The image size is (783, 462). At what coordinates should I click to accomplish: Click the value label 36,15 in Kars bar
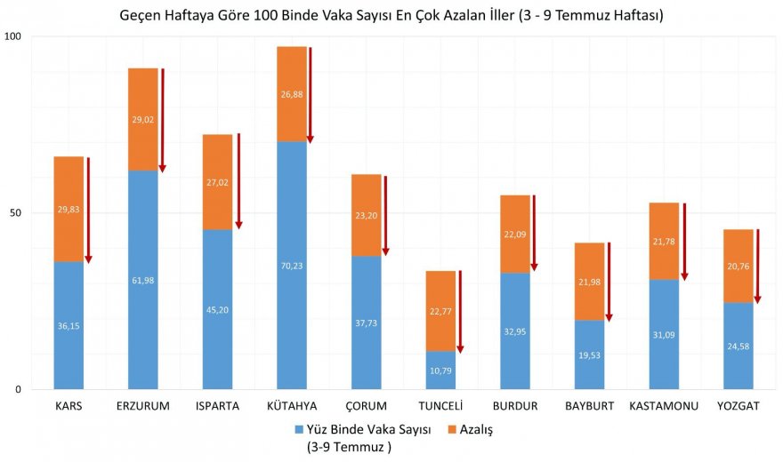click(69, 325)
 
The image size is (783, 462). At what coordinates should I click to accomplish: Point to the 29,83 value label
click(69, 210)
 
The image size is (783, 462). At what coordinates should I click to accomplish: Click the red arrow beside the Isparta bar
click(238, 182)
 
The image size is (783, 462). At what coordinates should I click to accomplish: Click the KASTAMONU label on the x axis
click(664, 407)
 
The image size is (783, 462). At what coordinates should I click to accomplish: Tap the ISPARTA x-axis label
click(217, 407)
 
